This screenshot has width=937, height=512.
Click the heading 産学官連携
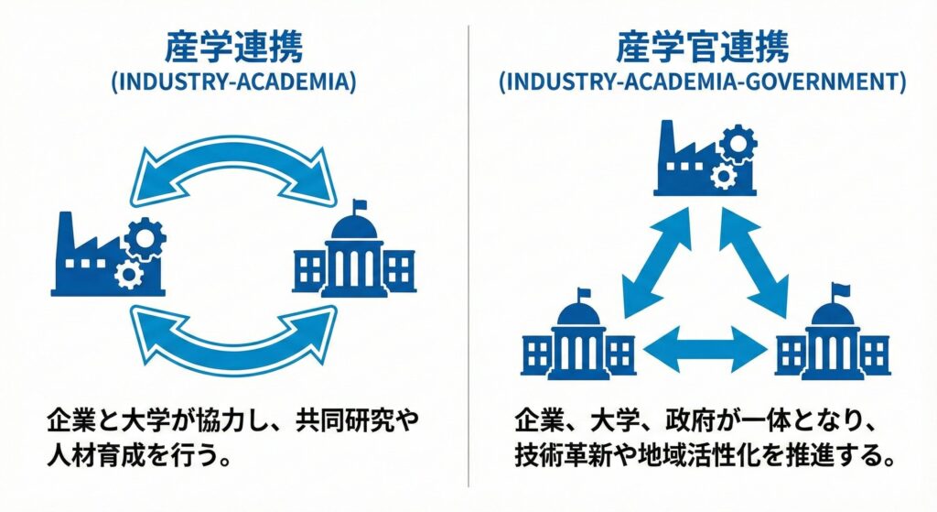pyautogui.click(x=702, y=48)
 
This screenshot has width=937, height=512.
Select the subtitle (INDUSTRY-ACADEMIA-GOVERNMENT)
pyautogui.click(x=702, y=82)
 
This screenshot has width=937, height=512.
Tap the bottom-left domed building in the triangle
pyautogui.click(x=578, y=339)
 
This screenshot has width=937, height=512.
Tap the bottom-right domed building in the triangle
pyautogui.click(x=832, y=339)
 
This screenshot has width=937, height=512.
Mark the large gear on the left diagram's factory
pyautogui.click(x=145, y=237)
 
